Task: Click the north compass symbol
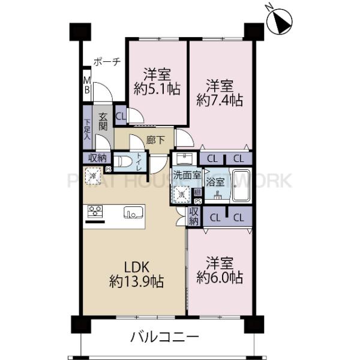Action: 281,22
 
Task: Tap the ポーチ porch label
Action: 107,61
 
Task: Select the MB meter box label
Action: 86,85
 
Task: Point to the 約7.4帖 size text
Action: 220,100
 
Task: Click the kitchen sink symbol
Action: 133,212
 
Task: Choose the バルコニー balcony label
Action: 164,337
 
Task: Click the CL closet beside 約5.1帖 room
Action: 121,116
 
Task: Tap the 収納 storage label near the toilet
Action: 98,158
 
